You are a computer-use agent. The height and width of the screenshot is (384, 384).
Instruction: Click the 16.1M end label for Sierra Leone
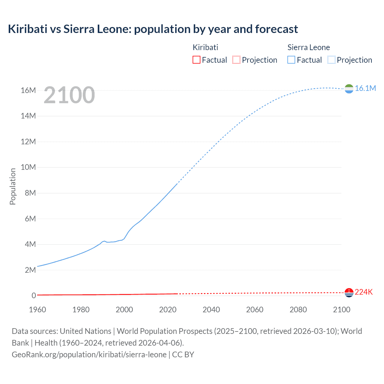click(x=365, y=88)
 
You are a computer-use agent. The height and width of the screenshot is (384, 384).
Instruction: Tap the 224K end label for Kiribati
click(x=364, y=292)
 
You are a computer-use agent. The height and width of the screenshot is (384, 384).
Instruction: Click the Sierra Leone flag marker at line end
click(x=349, y=89)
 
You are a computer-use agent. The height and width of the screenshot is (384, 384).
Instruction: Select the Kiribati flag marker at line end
click(x=349, y=292)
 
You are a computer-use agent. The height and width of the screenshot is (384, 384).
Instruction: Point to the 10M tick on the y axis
click(x=28, y=167)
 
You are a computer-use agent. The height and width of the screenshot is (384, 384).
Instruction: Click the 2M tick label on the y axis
click(x=30, y=270)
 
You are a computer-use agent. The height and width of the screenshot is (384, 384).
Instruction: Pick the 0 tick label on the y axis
click(x=34, y=295)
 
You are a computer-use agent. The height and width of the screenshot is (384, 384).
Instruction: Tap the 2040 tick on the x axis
click(x=211, y=310)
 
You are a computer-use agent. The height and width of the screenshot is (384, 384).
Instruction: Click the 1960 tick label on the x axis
click(x=37, y=310)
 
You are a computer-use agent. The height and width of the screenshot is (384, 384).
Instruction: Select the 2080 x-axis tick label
click(x=298, y=310)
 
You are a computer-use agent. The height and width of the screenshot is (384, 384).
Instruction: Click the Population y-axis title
click(x=13, y=186)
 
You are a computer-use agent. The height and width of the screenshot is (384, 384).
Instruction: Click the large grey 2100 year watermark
click(x=69, y=95)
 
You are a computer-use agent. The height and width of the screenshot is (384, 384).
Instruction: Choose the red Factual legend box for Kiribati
click(x=196, y=60)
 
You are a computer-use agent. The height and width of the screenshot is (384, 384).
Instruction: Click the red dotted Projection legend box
click(x=236, y=60)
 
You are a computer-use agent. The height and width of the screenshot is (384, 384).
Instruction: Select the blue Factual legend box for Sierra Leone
click(x=291, y=60)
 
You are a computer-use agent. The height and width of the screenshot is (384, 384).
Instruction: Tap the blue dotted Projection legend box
click(x=331, y=60)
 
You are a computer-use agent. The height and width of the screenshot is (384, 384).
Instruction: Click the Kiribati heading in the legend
click(x=205, y=47)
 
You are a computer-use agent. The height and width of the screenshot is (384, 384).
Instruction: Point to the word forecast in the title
click(x=276, y=29)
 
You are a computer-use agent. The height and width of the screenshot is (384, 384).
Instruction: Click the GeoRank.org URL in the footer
click(x=89, y=354)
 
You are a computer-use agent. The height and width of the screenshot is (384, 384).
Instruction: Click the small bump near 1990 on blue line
click(x=104, y=241)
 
